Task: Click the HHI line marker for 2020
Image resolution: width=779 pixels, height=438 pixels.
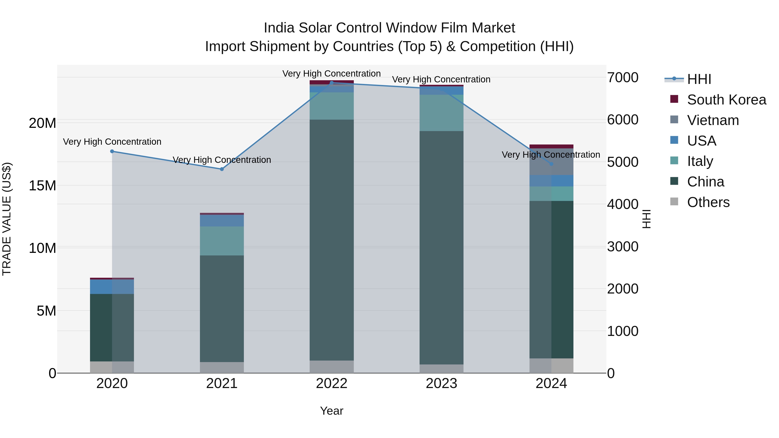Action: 112,151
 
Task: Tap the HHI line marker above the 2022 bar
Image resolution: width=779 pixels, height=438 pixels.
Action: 332,83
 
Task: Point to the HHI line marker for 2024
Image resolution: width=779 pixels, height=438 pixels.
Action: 551,164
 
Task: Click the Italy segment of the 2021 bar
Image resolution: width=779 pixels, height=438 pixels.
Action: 222,241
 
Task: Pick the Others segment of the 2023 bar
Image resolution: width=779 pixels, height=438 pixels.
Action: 441,369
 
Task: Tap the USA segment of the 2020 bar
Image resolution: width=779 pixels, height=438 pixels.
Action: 112,287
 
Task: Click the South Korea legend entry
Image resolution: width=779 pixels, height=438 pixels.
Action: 726,100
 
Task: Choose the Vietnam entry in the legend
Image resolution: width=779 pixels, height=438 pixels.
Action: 713,120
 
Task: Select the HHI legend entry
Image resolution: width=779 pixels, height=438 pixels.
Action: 699,79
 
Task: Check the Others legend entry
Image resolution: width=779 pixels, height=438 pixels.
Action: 708,202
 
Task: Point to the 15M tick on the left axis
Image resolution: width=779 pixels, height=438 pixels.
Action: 42,186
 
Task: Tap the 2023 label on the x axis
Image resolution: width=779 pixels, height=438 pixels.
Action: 441,383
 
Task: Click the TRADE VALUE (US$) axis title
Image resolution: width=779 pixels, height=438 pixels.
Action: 7,219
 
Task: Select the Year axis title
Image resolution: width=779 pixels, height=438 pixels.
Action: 332,411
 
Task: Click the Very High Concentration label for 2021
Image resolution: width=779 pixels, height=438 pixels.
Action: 222,160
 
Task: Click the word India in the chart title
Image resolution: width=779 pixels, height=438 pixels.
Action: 279,28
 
